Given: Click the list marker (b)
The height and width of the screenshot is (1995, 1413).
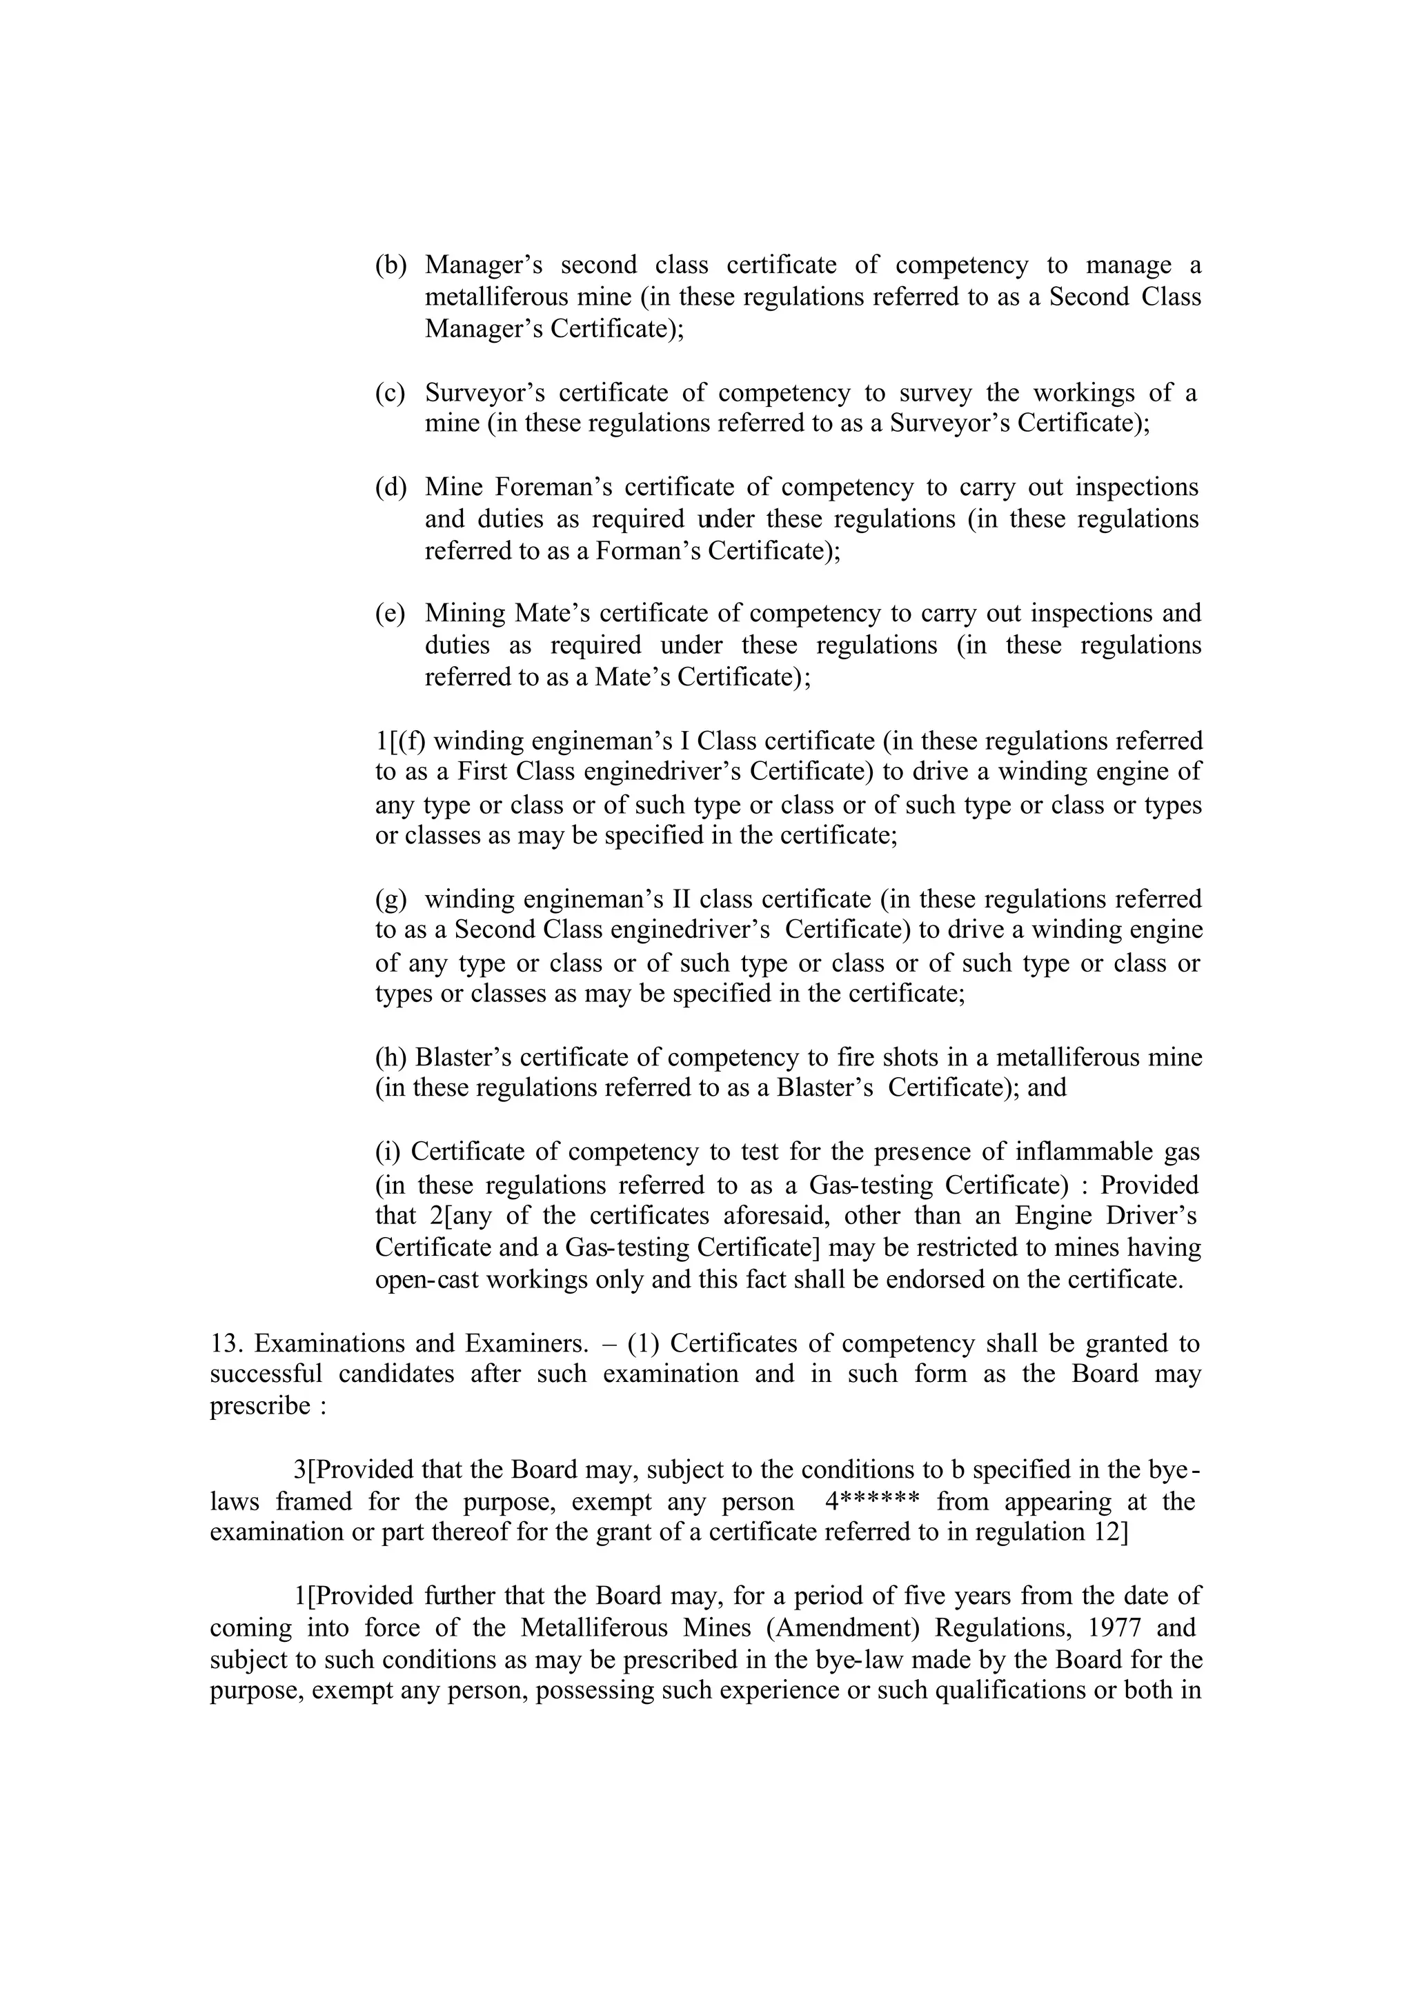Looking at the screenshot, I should (391, 265).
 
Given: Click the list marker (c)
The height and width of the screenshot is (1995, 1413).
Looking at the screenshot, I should (391, 393).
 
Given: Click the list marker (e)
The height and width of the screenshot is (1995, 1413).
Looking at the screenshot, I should (391, 614).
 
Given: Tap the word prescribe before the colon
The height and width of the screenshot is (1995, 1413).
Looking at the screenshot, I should (260, 1407).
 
